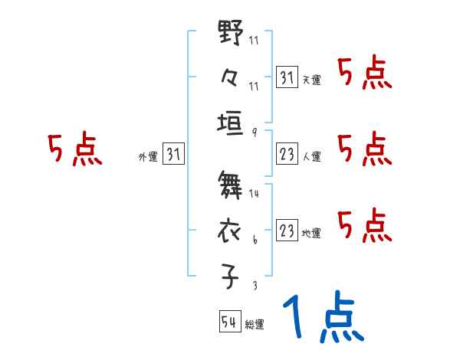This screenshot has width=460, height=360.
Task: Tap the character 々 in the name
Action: coord(232,78)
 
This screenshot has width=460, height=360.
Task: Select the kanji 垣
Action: coord(232,123)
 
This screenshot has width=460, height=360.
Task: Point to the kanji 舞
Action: coord(232,186)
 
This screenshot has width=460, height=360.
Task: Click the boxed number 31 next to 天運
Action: coord(287,77)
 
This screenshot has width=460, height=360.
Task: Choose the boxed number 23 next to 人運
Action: coord(287,155)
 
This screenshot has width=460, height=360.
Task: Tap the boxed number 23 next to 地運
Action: coord(287,231)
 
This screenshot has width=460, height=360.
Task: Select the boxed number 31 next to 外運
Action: coord(173,155)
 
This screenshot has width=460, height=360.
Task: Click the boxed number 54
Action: coord(229,322)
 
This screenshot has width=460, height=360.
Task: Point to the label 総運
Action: coord(255,325)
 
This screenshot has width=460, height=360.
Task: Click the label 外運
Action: coord(147,157)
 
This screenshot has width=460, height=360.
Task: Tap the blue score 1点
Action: coord(322,318)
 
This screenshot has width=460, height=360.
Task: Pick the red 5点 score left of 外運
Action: coord(74,150)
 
